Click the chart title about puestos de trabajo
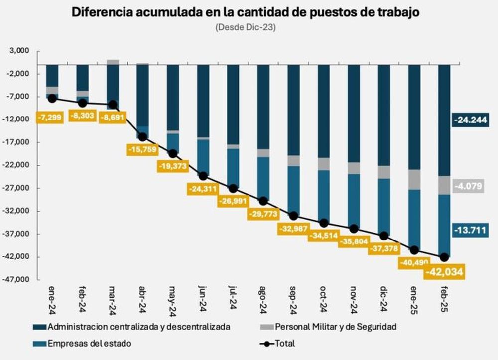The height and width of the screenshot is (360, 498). [x=246, y=12]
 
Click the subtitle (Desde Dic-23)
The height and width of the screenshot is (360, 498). [x=246, y=28]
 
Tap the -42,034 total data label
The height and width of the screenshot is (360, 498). [x=444, y=272]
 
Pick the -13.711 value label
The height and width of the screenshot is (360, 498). [x=469, y=230]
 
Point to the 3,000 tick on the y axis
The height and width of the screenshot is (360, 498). [x=19, y=51]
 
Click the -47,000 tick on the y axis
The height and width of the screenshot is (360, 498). [x=17, y=280]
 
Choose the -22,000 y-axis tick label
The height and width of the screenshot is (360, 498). [x=17, y=165]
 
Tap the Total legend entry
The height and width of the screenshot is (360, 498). [x=284, y=343]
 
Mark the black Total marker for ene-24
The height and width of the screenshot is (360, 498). [x=52, y=99]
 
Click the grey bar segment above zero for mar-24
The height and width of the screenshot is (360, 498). [x=113, y=62]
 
